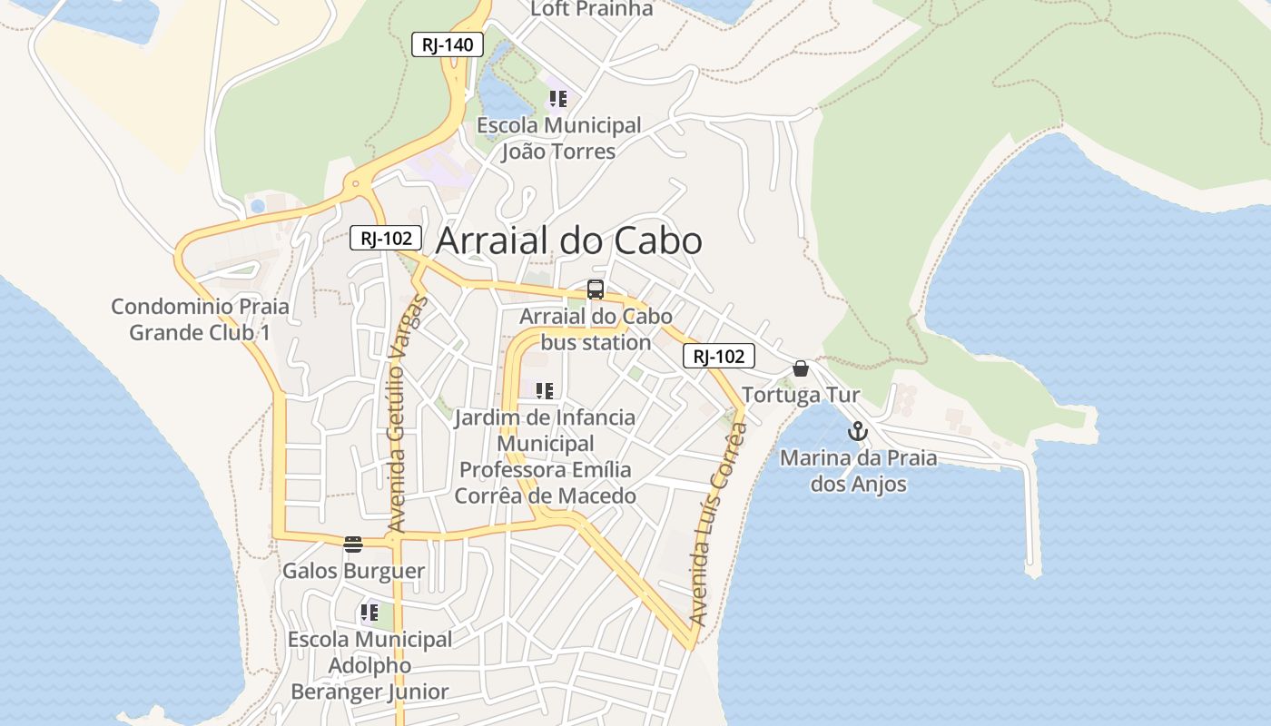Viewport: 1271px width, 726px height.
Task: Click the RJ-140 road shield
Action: (x=448, y=44)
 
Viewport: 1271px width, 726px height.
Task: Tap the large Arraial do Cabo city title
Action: (x=569, y=241)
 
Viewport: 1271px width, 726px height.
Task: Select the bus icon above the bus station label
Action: (x=596, y=289)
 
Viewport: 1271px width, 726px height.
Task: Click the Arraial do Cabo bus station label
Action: (x=596, y=329)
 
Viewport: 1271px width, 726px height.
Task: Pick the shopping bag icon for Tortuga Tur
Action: (x=800, y=368)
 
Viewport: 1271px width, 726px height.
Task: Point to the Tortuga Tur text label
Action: (x=800, y=396)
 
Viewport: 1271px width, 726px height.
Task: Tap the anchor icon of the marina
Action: (x=858, y=431)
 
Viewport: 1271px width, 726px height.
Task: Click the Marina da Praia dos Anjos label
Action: (x=858, y=471)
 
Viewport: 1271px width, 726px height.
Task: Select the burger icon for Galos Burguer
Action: (x=353, y=544)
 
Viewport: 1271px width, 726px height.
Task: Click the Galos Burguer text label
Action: (x=353, y=571)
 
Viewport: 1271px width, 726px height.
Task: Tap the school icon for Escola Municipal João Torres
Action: (x=558, y=98)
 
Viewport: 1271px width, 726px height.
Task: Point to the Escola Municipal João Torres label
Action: (x=558, y=138)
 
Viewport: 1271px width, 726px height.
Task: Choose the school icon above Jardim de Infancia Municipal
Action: (x=545, y=391)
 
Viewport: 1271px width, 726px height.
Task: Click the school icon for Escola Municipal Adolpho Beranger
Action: (x=369, y=613)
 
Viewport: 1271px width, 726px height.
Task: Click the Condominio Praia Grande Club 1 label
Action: (x=200, y=319)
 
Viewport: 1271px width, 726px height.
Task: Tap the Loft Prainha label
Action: (x=592, y=9)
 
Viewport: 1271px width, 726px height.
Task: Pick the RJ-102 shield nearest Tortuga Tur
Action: (x=718, y=357)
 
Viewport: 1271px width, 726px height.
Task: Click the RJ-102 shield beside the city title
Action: (x=386, y=239)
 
